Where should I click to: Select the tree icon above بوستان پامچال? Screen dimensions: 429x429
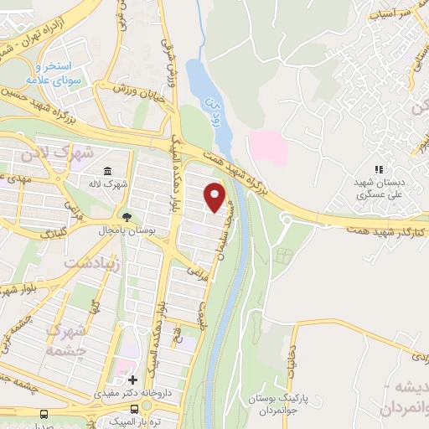pos(126,216)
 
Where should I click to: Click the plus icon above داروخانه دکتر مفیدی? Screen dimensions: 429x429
pos(132,380)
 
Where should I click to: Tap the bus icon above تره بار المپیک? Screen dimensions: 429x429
pos(44,413)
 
